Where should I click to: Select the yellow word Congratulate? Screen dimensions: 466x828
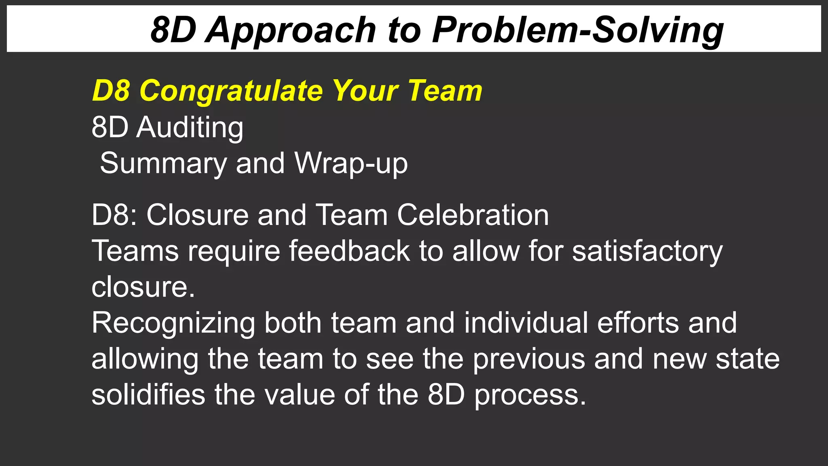[231, 91]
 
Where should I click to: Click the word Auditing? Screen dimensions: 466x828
[190, 127]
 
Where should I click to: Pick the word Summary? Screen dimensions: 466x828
[163, 163]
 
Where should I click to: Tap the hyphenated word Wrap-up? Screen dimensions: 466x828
[351, 163]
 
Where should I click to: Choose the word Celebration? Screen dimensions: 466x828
[473, 215]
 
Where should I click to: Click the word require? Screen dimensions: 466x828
[234, 251]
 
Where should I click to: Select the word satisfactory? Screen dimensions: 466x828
[647, 251]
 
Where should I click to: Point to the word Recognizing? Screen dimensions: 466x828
[173, 323]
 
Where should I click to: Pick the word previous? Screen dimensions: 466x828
[529, 359]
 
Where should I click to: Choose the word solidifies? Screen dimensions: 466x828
[148, 395]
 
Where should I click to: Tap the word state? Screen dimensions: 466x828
[748, 359]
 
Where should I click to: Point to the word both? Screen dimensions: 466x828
[293, 323]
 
